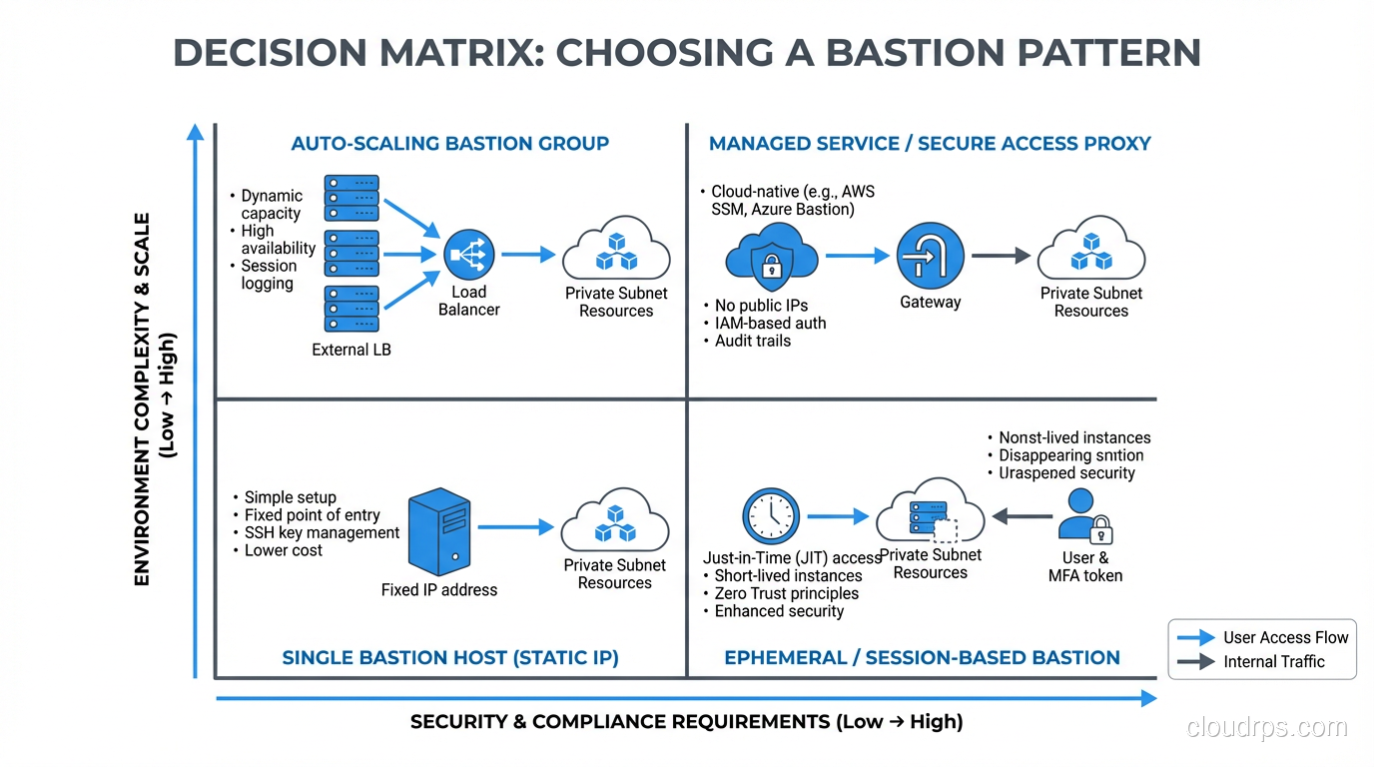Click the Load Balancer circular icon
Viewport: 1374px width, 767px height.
[x=469, y=255]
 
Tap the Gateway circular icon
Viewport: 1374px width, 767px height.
[x=930, y=256]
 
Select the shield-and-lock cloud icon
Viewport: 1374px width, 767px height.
[x=771, y=255]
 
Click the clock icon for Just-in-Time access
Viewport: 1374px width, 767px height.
[x=771, y=516]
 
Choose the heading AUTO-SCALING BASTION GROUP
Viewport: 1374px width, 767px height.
[x=449, y=144]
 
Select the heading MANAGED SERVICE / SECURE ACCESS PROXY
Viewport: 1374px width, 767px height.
[x=930, y=144]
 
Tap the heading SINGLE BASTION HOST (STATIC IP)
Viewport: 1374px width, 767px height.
[x=450, y=657]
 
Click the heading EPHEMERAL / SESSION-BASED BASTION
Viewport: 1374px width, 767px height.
[x=922, y=657]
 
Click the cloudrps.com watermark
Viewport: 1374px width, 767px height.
[x=1266, y=727]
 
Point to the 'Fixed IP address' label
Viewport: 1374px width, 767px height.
[x=439, y=590]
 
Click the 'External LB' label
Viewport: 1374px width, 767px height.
[x=351, y=350]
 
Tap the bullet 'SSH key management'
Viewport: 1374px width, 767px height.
[x=322, y=533]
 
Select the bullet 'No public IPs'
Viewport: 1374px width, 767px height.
[x=761, y=306]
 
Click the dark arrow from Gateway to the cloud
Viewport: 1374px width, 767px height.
[x=1001, y=256]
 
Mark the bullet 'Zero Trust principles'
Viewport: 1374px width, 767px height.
[x=786, y=593]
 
